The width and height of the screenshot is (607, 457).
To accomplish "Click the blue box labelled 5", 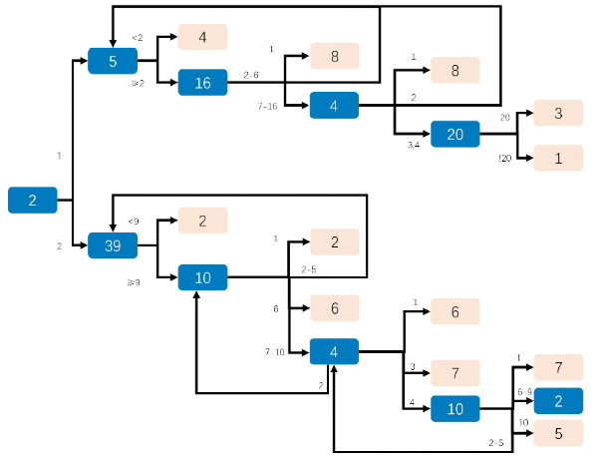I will pos(113,61).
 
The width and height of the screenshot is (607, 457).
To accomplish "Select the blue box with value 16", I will pos(203,83).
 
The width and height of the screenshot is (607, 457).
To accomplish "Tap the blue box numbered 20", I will pos(455,134).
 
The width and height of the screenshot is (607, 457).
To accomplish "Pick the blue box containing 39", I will pos(113,244).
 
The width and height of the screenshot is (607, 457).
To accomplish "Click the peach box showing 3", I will pos(558,113).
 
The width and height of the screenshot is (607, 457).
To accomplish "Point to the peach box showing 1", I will pos(558,157).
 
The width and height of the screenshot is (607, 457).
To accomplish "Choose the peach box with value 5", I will pos(558,433).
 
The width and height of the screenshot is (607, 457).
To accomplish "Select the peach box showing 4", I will pos(202,37).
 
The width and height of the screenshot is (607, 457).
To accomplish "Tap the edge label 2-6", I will pos(251,75).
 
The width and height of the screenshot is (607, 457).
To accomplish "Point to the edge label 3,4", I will pos(413,146).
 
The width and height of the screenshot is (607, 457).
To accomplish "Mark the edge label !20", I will pos(504,158).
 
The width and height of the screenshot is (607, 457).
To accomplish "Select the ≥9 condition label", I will pos(133,283).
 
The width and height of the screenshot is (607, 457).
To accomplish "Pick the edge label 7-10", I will pos(274,352).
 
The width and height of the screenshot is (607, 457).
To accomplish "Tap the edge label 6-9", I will pos(522,392).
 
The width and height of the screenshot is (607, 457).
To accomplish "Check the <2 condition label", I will pos(138,38).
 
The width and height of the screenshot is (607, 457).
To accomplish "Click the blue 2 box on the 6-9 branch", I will pos(558,401).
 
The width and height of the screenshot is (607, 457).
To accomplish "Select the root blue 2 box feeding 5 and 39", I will pos(32,200).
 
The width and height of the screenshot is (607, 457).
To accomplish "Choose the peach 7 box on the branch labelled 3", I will pos(455,373).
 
